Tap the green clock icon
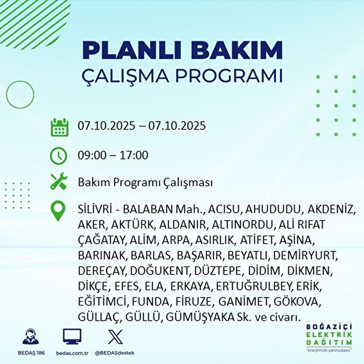click(x=58, y=156)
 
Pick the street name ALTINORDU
click(x=243, y=225)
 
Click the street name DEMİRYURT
click(x=305, y=255)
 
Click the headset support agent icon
click(x=31, y=337)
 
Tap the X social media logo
click(x=115, y=337)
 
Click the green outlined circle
click(x=20, y=95)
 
